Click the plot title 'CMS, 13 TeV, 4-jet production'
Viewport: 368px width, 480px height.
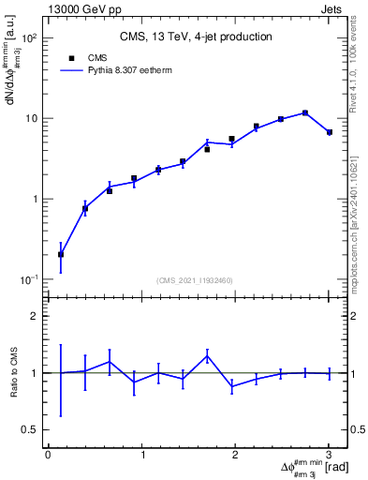(196, 37)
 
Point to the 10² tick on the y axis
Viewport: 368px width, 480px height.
(32, 38)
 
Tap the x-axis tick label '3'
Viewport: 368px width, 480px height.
(329, 455)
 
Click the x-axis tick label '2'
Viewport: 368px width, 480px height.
(235, 455)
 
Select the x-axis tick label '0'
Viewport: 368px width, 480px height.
(48, 455)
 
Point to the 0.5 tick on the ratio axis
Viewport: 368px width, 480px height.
(31, 429)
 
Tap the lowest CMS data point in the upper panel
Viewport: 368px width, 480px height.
(61, 254)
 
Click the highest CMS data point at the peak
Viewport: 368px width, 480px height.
(305, 112)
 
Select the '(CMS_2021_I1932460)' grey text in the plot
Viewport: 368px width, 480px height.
(195, 280)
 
